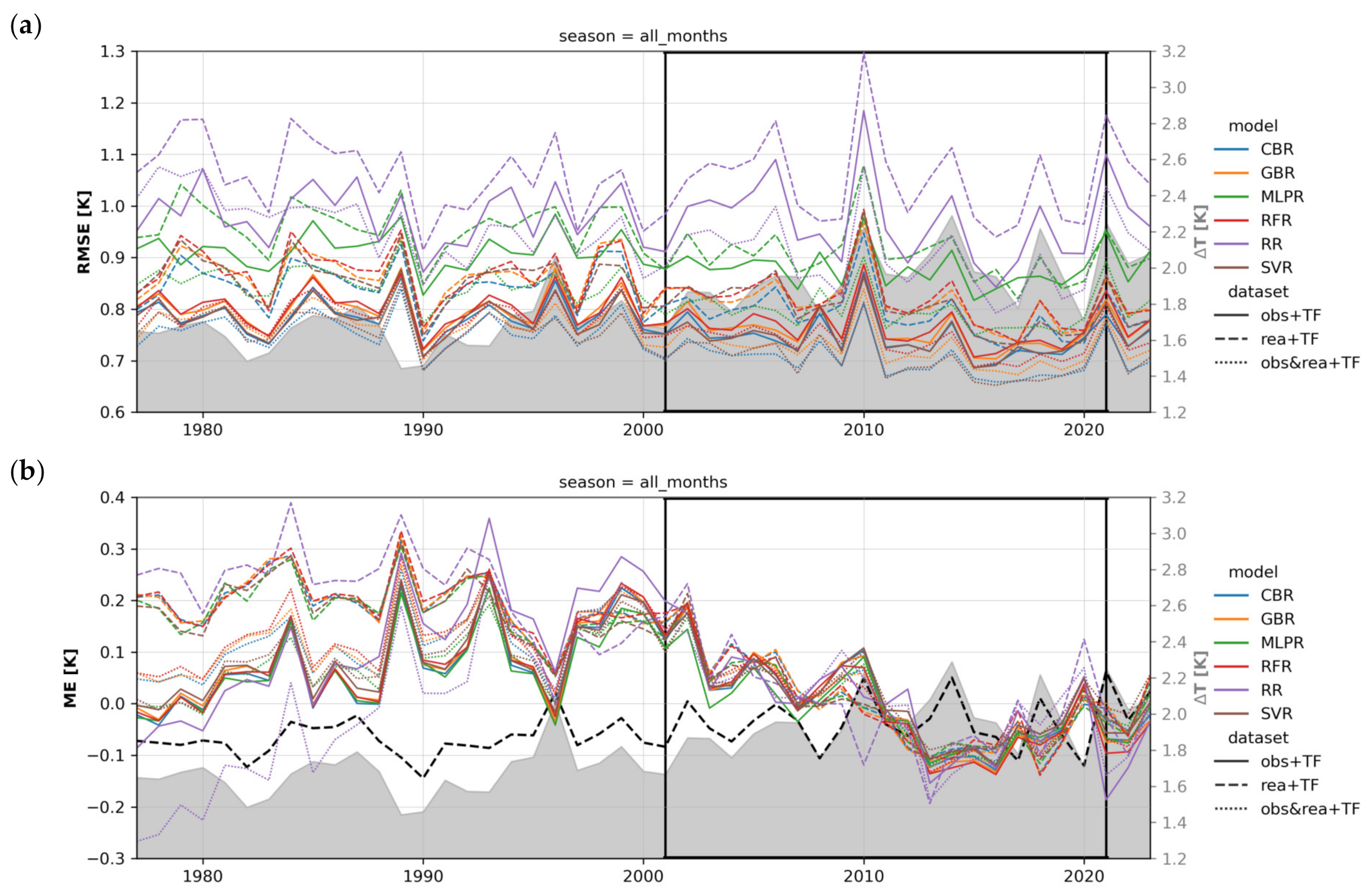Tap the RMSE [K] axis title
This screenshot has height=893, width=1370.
click(84, 231)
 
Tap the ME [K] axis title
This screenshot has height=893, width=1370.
click(70, 678)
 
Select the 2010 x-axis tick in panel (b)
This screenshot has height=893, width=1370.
click(864, 876)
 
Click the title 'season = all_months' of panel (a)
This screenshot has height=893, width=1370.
click(643, 36)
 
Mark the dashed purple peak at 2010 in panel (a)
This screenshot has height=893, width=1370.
click(864, 53)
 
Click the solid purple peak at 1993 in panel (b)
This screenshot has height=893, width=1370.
click(489, 518)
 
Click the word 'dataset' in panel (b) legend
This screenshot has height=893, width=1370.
click(1258, 737)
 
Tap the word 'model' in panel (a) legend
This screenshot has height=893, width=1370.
click(1252, 125)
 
